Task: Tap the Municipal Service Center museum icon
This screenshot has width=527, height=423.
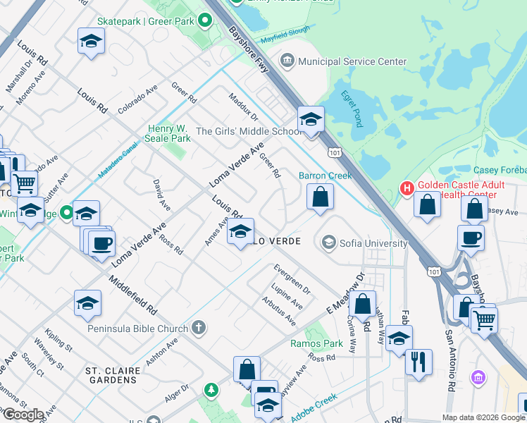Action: pyautogui.click(x=287, y=61)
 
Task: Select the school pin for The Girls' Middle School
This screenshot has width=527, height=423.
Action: pyautogui.click(x=310, y=121)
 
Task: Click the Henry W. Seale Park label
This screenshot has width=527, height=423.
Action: pyautogui.click(x=169, y=133)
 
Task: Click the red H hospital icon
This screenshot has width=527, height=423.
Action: pyautogui.click(x=406, y=188)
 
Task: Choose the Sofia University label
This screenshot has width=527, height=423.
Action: pyautogui.click(x=373, y=243)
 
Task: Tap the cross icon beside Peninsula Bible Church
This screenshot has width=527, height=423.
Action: pyautogui.click(x=199, y=328)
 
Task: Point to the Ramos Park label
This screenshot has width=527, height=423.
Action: pyautogui.click(x=317, y=344)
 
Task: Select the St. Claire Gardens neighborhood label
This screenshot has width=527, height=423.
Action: pyautogui.click(x=111, y=375)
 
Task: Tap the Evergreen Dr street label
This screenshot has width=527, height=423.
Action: pyautogui.click(x=292, y=279)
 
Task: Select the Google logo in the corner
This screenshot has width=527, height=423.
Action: pyautogui.click(x=23, y=415)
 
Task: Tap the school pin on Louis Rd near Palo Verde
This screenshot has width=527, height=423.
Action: pyautogui.click(x=240, y=233)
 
